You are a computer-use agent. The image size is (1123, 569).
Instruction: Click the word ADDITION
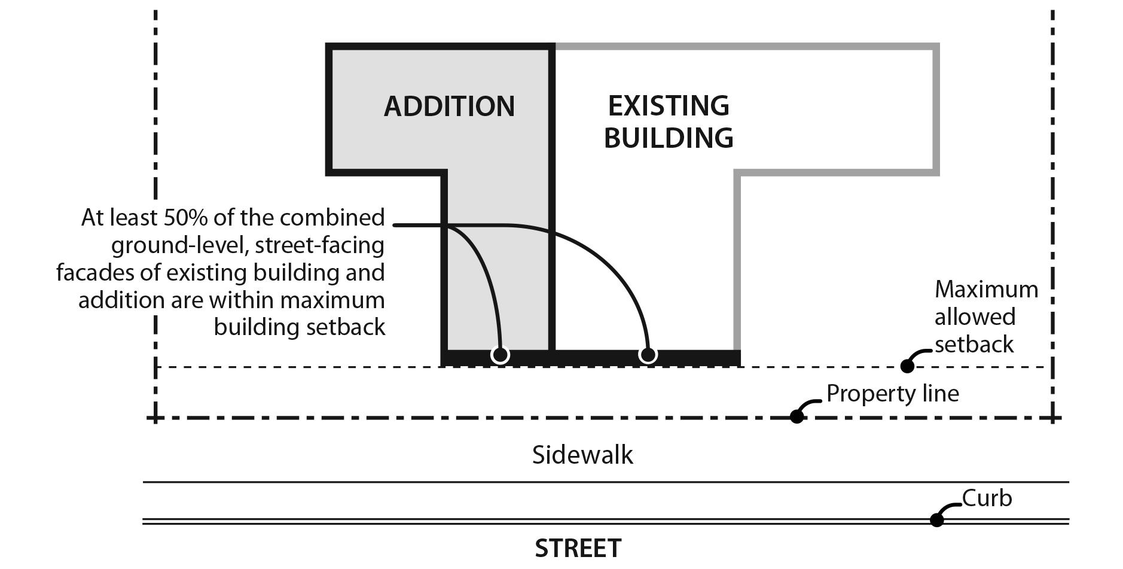(x=449, y=107)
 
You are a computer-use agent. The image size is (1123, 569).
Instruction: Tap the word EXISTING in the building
(x=669, y=106)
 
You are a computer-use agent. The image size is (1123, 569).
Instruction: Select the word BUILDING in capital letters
(x=669, y=138)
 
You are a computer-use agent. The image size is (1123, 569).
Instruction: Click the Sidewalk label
(x=582, y=455)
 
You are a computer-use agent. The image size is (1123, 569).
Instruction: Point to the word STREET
(x=578, y=548)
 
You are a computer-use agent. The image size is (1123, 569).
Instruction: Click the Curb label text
(x=987, y=498)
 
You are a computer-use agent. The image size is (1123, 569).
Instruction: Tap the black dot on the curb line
(x=937, y=520)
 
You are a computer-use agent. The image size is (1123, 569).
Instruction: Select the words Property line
(x=892, y=394)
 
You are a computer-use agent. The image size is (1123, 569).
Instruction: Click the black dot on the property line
(x=797, y=416)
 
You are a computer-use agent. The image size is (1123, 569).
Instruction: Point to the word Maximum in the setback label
(x=986, y=290)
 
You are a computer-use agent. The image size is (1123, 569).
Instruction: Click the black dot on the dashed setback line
(x=907, y=366)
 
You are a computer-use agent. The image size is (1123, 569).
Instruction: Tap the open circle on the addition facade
(x=500, y=355)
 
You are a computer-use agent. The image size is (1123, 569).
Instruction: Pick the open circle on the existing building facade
(x=648, y=355)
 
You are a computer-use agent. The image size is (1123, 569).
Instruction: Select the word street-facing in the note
(x=321, y=245)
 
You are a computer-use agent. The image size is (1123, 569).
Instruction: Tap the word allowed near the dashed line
(x=975, y=317)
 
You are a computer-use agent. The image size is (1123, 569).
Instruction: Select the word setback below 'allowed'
(x=974, y=345)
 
